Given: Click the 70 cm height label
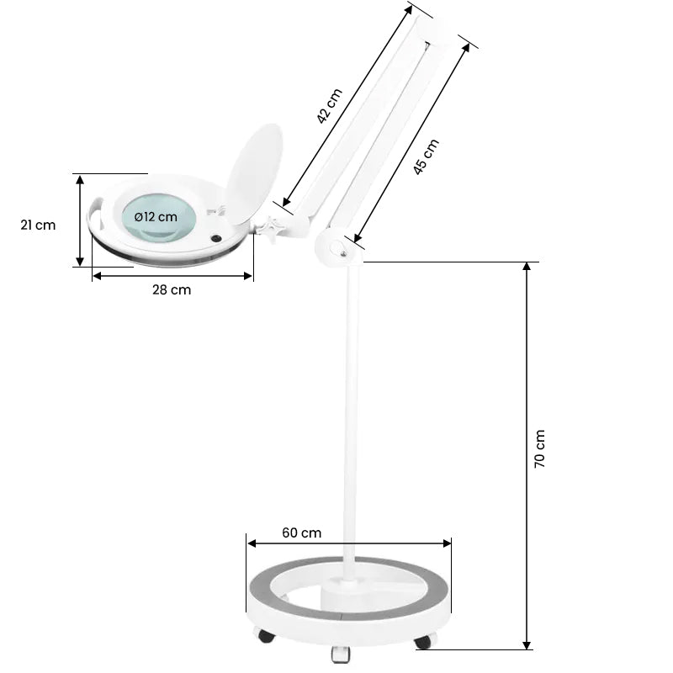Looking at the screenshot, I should tap(540, 448).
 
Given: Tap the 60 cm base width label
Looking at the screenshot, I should tap(301, 533).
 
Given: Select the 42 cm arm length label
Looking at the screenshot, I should tap(331, 107).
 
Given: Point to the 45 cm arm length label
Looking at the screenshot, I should tap(426, 156).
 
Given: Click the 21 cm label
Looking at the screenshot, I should tap(38, 225).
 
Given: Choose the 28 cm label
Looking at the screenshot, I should tap(172, 290).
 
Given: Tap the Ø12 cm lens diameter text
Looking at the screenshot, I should tap(156, 216).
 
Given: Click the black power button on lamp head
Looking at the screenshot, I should tap(217, 239).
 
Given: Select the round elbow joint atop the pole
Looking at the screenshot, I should tap(336, 246).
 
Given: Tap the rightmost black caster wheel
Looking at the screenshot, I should tap(422, 643).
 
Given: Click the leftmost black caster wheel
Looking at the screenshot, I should tap(266, 636).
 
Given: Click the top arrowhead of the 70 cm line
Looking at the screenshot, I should tap(527, 267).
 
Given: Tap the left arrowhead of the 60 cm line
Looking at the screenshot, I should tap(251, 543).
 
